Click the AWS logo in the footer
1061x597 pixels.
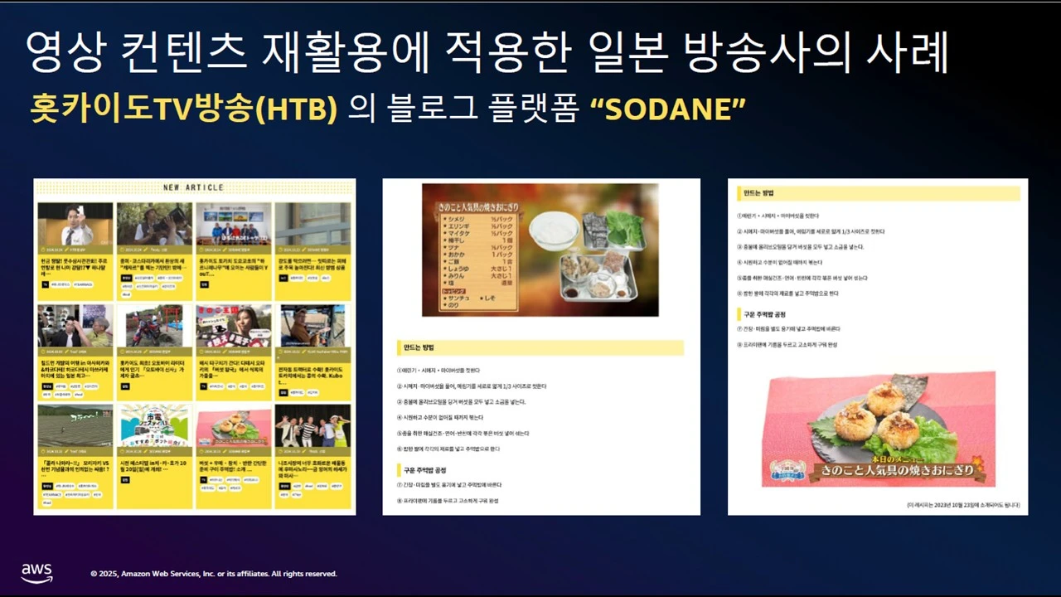click(36, 572)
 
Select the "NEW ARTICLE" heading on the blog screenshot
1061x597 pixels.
click(193, 187)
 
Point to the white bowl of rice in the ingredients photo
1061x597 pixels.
click(554, 228)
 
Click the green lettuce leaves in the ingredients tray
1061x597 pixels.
click(624, 227)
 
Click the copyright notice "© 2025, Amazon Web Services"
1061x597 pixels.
click(214, 574)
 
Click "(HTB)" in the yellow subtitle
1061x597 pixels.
click(306, 109)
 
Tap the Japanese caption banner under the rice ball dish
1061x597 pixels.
click(878, 471)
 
